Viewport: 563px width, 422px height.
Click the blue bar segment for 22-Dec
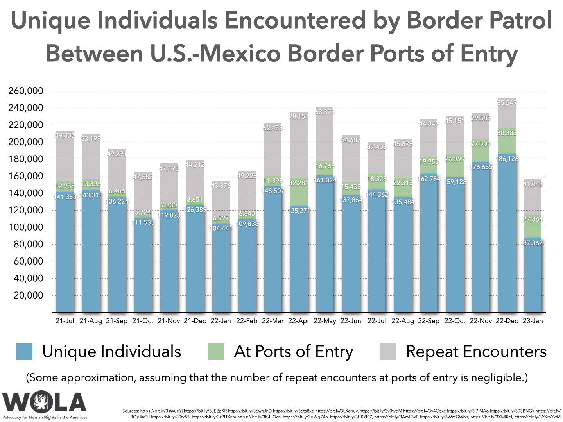[x=506, y=234]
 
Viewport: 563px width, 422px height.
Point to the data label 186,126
[x=506, y=159]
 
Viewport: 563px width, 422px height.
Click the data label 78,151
[x=299, y=116]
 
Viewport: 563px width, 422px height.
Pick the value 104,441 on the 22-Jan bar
[x=221, y=228]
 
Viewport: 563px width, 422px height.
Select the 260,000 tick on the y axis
[x=26, y=91]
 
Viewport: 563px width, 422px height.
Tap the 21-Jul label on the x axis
[x=65, y=321]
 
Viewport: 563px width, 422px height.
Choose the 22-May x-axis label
[x=325, y=321]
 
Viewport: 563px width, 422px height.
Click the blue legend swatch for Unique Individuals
[x=24, y=351]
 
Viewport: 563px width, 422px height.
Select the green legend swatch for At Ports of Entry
[x=216, y=351]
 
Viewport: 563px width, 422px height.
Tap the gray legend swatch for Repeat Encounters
[x=387, y=351]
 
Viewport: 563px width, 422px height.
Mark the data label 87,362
[x=533, y=243]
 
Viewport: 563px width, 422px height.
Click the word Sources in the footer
[x=130, y=411]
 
